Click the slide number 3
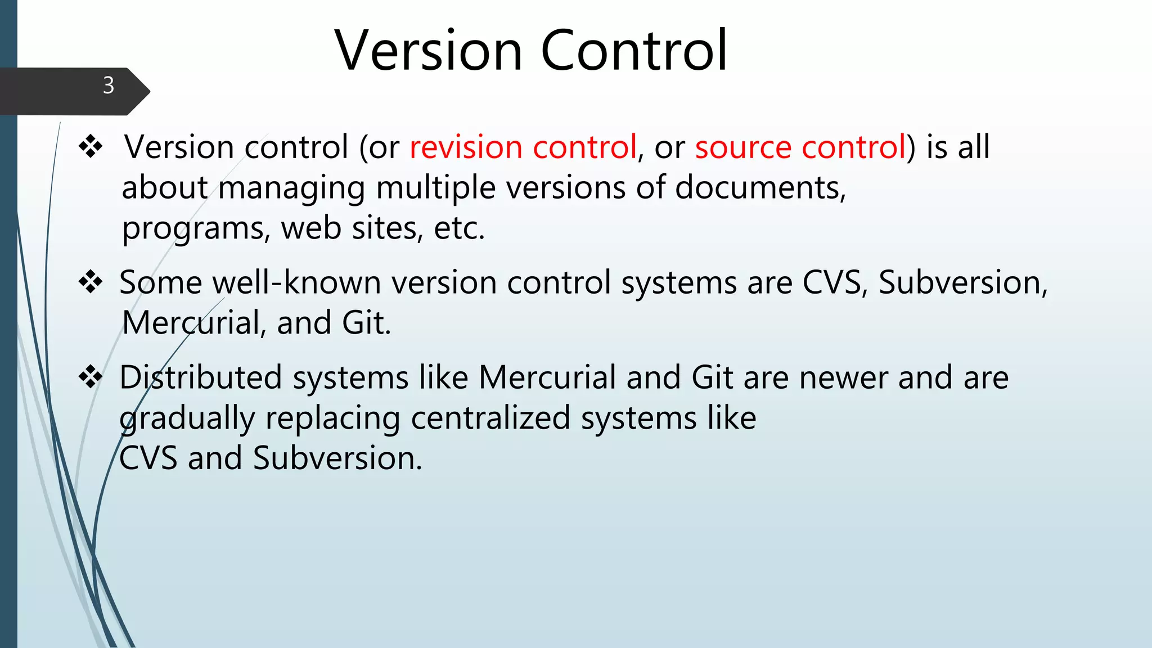pos(109,85)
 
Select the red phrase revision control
pos(523,147)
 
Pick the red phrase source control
pos(800,147)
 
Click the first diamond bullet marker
pos(91,147)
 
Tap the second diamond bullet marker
pos(91,282)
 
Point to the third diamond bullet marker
pos(91,377)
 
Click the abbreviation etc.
pos(459,229)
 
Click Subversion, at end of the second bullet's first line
pos(962,282)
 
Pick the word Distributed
pos(200,377)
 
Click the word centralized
pos(490,418)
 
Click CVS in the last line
pos(148,458)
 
